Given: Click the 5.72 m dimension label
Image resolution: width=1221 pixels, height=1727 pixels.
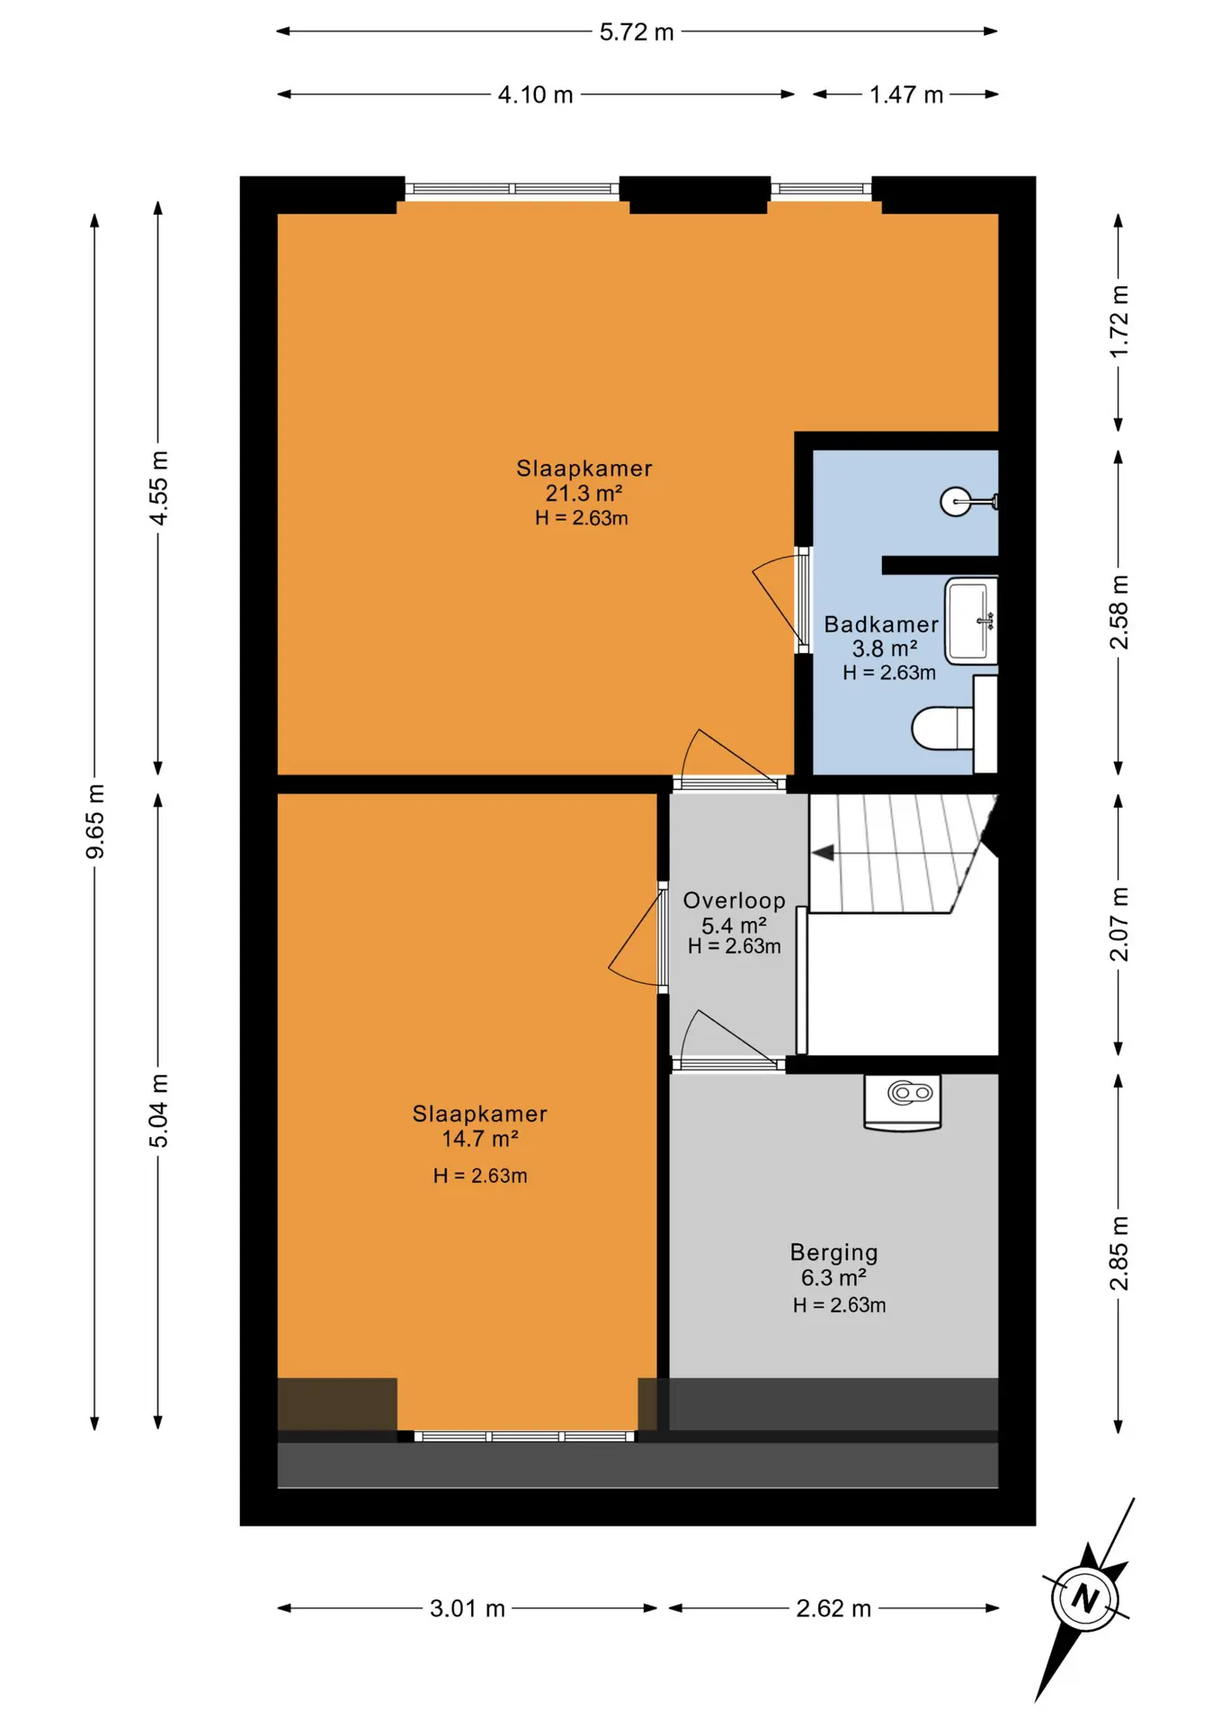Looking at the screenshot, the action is click(x=637, y=32).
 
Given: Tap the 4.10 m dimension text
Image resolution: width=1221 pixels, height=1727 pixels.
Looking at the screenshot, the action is click(x=536, y=95).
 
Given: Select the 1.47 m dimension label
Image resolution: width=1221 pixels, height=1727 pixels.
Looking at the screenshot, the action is click(x=906, y=95).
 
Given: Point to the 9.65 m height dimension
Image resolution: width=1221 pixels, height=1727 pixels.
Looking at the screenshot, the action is click(x=95, y=821).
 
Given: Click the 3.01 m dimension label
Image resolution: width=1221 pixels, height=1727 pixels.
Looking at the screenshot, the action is click(x=468, y=1608).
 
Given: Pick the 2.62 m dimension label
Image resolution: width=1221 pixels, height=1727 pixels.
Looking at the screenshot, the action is click(x=833, y=1608).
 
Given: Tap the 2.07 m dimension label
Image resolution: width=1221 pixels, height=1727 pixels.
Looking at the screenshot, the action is click(x=1119, y=924).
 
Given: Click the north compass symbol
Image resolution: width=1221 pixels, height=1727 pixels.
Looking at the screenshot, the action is click(x=1085, y=1598).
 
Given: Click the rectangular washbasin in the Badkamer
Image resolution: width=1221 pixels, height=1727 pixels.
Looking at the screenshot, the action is click(x=970, y=621).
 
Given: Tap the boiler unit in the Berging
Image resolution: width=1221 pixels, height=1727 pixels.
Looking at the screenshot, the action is click(x=903, y=1102).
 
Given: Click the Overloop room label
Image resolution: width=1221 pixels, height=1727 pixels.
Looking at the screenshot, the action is click(x=735, y=900).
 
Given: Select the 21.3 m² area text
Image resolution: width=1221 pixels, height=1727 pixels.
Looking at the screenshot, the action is click(x=584, y=493).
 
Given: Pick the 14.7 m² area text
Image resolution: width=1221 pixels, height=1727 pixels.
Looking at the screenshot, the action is click(x=480, y=1139).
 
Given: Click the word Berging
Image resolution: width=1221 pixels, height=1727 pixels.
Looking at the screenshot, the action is click(x=834, y=1253).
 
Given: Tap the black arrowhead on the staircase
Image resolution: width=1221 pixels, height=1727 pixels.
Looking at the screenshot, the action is click(x=823, y=853).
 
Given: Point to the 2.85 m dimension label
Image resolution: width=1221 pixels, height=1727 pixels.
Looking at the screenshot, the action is click(x=1119, y=1253).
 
